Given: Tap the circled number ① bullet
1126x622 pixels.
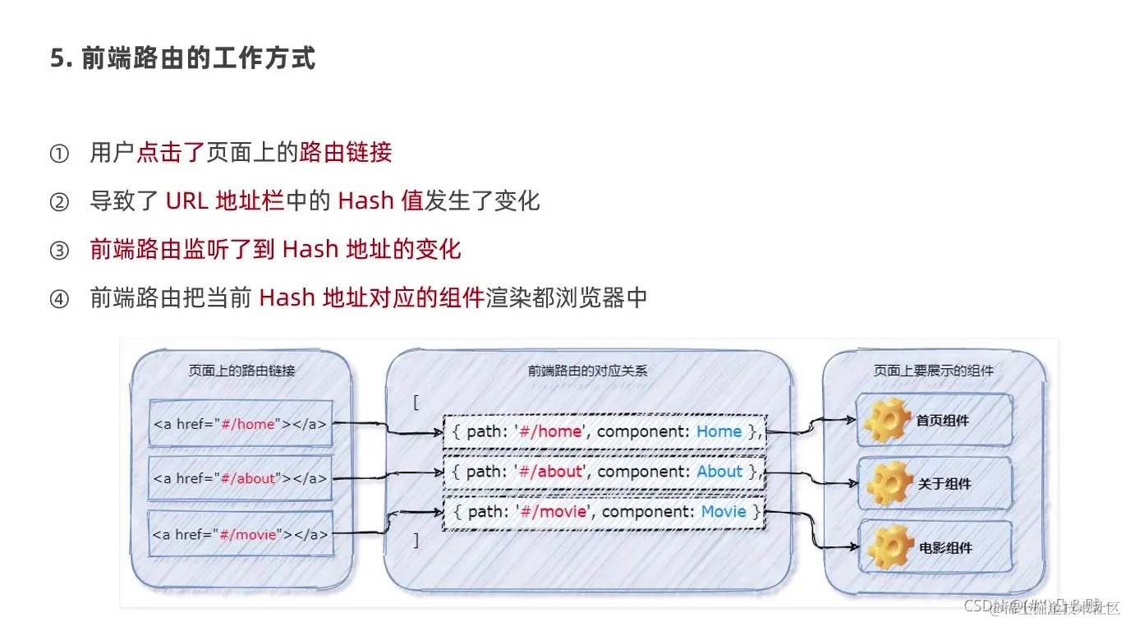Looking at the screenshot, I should click(x=60, y=153).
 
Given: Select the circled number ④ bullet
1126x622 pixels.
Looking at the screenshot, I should click(x=60, y=298).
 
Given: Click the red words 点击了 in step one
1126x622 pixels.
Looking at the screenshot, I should click(x=170, y=152).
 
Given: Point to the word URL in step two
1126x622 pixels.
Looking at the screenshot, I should click(x=186, y=201).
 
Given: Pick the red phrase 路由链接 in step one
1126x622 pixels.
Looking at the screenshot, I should click(x=346, y=152).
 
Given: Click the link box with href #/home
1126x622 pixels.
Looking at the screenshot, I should click(x=241, y=424).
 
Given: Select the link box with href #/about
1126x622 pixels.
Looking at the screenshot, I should click(x=241, y=478).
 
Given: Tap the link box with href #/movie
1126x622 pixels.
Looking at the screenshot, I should click(x=241, y=533).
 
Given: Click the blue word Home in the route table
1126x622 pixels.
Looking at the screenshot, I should click(x=719, y=431).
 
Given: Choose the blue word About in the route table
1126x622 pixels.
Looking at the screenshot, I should click(x=719, y=472).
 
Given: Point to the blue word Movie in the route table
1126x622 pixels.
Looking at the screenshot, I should click(x=724, y=512).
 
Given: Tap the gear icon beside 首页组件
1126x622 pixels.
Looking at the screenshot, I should click(x=886, y=420).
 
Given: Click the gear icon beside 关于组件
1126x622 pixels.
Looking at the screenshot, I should click(x=886, y=483).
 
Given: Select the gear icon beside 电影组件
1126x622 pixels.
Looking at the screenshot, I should click(x=886, y=546).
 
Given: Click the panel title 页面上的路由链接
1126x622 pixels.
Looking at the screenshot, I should click(x=241, y=371).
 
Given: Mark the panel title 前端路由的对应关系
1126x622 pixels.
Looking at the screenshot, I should click(x=587, y=371).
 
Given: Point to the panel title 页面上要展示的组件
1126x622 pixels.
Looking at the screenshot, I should click(x=933, y=371).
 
